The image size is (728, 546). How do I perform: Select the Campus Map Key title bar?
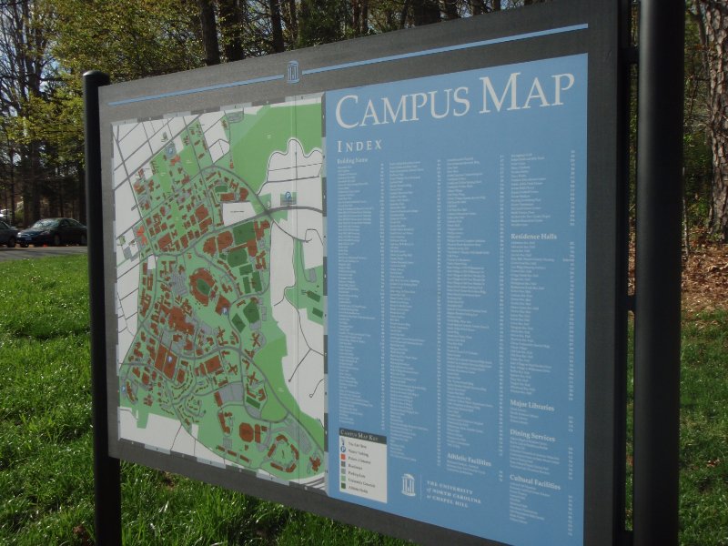click(x=362, y=435)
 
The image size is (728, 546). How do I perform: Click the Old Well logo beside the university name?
click(x=409, y=484)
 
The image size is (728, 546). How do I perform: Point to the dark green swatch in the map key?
click(x=343, y=488)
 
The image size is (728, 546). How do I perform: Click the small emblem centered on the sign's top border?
click(x=293, y=72)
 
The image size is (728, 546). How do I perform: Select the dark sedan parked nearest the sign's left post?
click(x=52, y=232)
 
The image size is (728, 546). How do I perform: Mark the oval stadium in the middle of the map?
click(x=202, y=285)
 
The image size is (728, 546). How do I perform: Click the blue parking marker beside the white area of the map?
click(x=288, y=197)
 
